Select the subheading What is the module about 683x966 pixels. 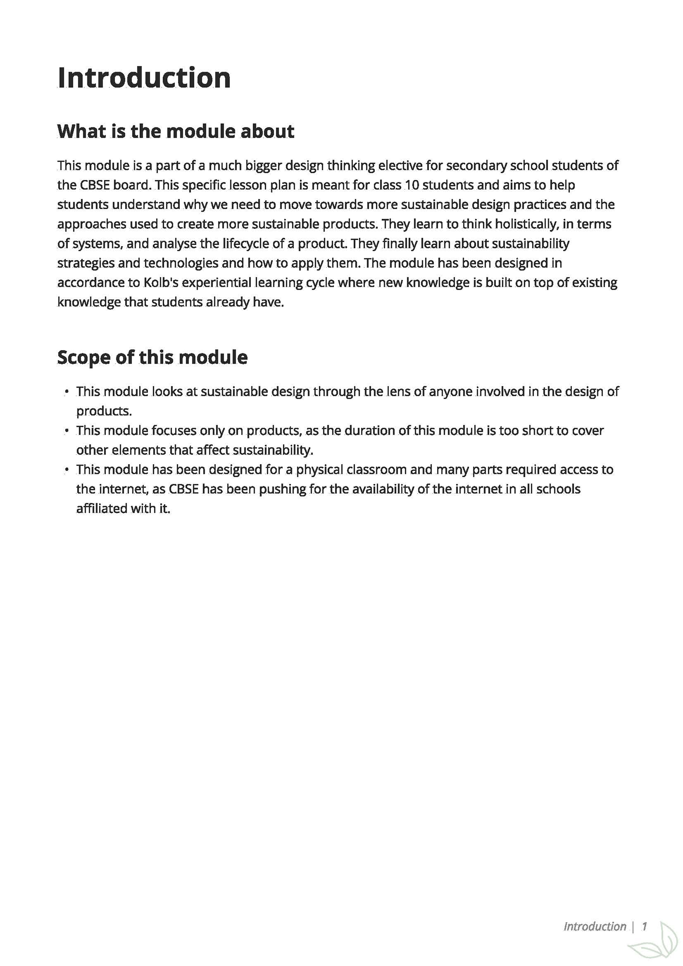pyautogui.click(x=176, y=131)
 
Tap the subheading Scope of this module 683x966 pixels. pyautogui.click(x=152, y=357)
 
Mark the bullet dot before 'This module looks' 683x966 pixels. pyautogui.click(x=67, y=391)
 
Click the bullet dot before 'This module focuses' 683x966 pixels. pyautogui.click(x=67, y=430)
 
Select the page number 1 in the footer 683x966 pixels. pyautogui.click(x=644, y=926)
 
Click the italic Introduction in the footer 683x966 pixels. pyautogui.click(x=595, y=926)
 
